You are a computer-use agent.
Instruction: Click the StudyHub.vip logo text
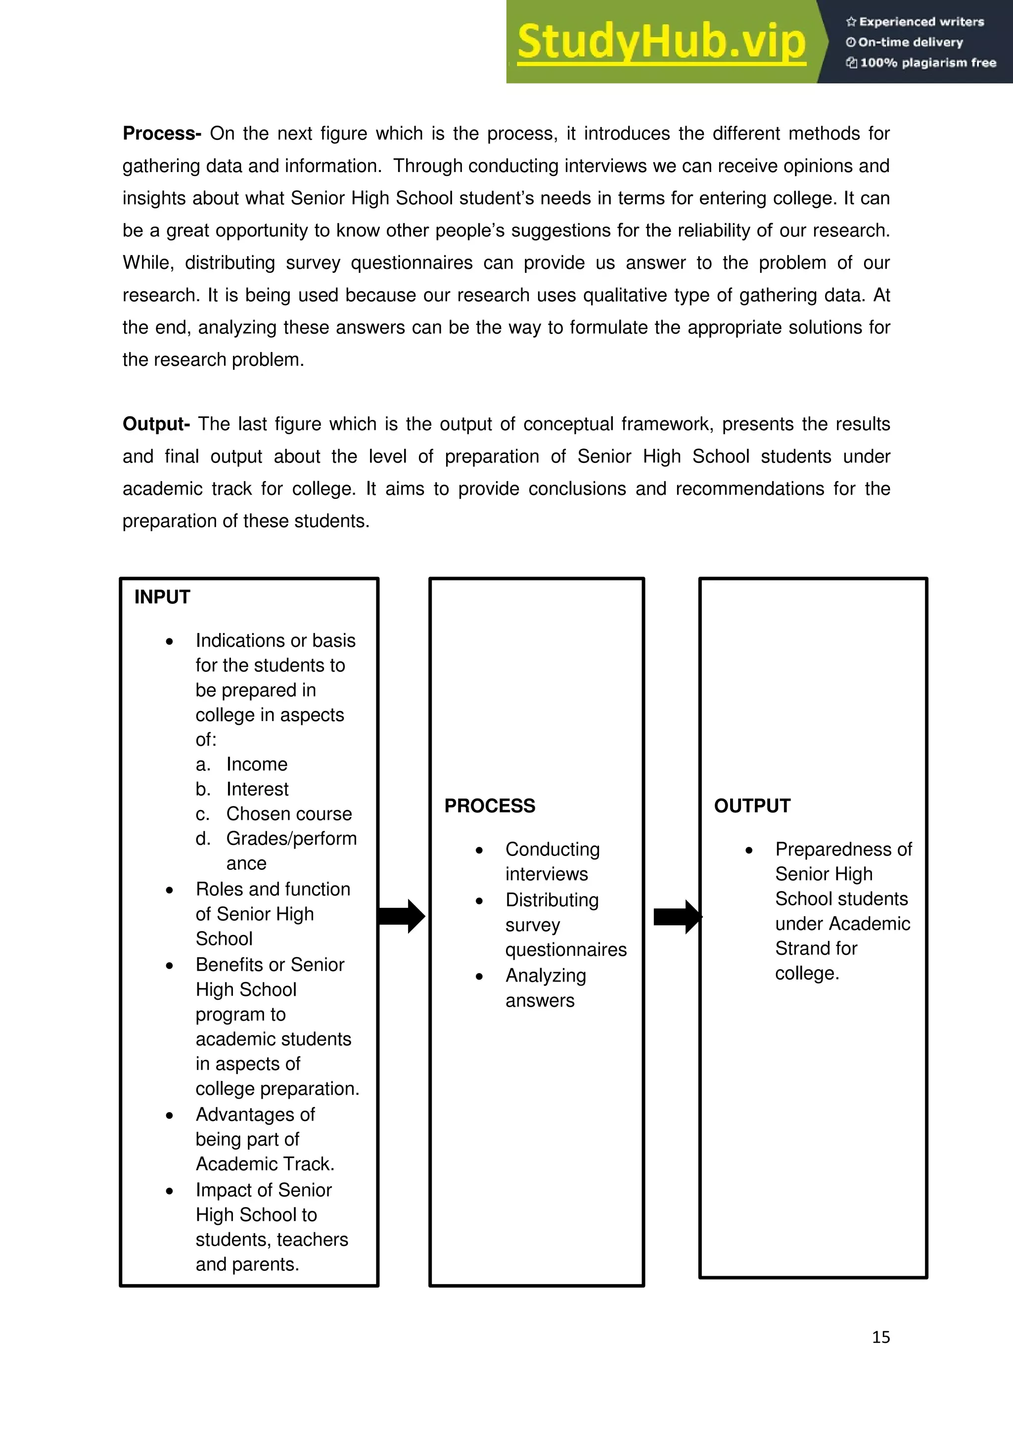point(661,42)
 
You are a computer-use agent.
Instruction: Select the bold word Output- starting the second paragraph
point(156,424)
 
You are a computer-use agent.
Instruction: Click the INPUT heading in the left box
point(162,597)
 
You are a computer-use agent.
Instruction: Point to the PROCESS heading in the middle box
point(490,806)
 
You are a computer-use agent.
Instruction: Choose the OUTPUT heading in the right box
point(752,806)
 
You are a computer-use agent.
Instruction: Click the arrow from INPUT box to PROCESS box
point(402,916)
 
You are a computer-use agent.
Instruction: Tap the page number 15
point(881,1337)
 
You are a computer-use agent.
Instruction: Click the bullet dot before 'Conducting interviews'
point(479,850)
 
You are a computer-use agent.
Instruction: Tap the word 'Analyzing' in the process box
point(546,976)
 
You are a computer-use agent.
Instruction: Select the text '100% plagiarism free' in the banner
point(927,62)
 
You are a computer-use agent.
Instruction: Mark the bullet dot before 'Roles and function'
point(170,891)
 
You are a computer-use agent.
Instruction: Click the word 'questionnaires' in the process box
point(566,950)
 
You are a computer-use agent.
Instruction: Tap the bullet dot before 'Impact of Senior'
point(170,1191)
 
